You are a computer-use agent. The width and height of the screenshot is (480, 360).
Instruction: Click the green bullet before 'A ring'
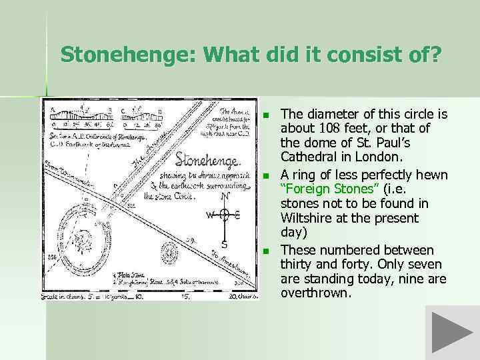[x=265, y=176]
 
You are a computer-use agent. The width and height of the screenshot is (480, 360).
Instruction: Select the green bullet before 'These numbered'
[x=265, y=251]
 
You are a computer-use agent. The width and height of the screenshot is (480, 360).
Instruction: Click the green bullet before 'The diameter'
[x=265, y=116]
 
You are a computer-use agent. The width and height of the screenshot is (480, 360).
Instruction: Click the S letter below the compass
[x=224, y=243]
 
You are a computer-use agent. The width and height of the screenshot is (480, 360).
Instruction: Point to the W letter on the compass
[x=209, y=215]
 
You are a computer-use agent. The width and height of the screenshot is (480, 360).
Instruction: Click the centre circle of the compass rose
[x=225, y=215]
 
